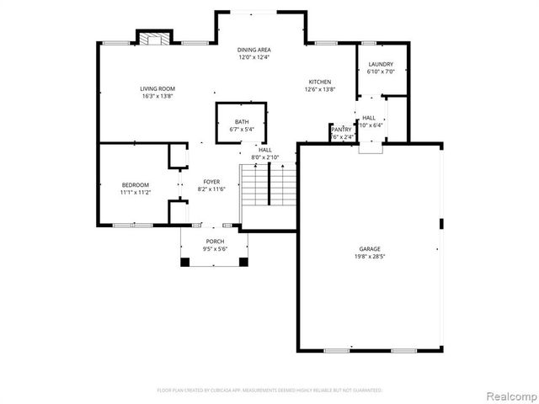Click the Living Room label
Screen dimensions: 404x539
(x=157, y=89)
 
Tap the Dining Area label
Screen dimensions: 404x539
(x=253, y=50)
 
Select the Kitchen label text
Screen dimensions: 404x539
(x=320, y=82)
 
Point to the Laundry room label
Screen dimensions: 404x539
(x=381, y=64)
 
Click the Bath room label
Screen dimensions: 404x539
(x=242, y=122)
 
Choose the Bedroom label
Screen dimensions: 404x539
(x=135, y=184)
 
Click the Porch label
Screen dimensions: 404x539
(x=215, y=242)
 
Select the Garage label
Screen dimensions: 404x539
(x=370, y=248)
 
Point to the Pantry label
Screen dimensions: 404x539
(x=341, y=129)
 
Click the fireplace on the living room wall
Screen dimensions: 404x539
(x=151, y=39)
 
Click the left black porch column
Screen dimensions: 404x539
(x=184, y=262)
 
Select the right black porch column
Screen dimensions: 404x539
(x=244, y=262)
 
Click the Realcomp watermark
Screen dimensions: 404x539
(x=510, y=394)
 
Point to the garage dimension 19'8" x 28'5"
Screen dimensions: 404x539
(x=370, y=256)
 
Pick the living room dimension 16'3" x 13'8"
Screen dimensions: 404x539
(x=157, y=97)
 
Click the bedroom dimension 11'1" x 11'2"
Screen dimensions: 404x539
(x=135, y=192)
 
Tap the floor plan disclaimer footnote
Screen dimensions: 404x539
(x=269, y=390)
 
